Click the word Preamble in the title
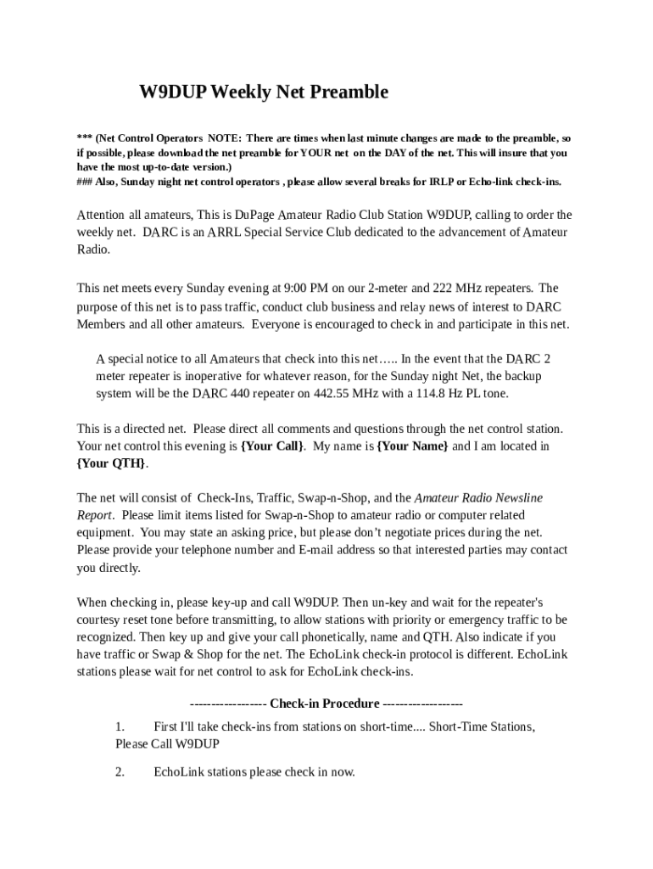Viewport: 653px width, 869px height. coord(344,93)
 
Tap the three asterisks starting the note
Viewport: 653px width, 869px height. coord(83,137)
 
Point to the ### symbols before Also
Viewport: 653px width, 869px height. coord(84,182)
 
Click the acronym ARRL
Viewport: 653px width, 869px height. coord(227,233)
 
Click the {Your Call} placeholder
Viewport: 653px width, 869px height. coord(272,446)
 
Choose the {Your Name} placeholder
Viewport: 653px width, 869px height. coord(412,446)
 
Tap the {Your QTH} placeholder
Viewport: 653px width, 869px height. coord(111,463)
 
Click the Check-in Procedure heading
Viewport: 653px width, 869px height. coord(326,704)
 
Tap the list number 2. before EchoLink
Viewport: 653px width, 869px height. coord(120,772)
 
